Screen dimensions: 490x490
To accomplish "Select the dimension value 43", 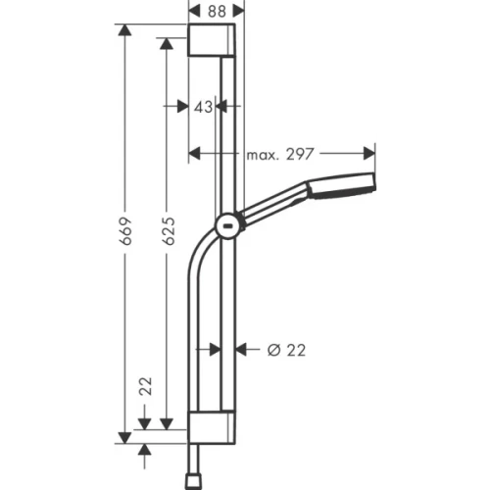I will (x=204, y=107).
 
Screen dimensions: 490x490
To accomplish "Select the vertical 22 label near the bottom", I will (x=145, y=388).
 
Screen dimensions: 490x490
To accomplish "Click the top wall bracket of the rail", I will (x=211, y=43).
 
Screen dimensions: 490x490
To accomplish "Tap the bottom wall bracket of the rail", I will (x=211, y=427).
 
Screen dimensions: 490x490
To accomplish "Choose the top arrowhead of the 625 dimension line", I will (x=168, y=48).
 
